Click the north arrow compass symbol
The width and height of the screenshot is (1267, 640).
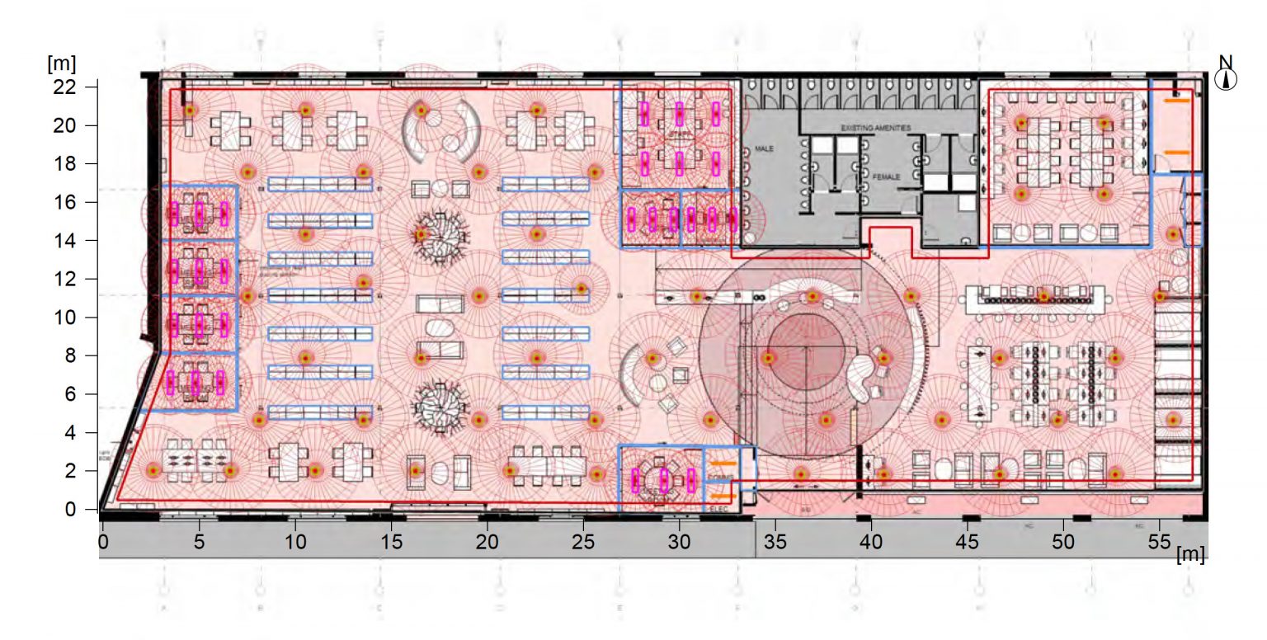1226,79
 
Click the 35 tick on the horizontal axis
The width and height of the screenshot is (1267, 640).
775,542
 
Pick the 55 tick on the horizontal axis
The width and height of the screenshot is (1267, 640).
1160,542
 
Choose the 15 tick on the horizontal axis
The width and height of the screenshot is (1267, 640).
391,542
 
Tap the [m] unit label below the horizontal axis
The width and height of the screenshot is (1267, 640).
1189,554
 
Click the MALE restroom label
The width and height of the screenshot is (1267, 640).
765,148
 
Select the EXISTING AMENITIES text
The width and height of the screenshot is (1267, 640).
875,129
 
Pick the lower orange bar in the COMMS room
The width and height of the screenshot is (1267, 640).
720,496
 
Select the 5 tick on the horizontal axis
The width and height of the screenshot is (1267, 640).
199,542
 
